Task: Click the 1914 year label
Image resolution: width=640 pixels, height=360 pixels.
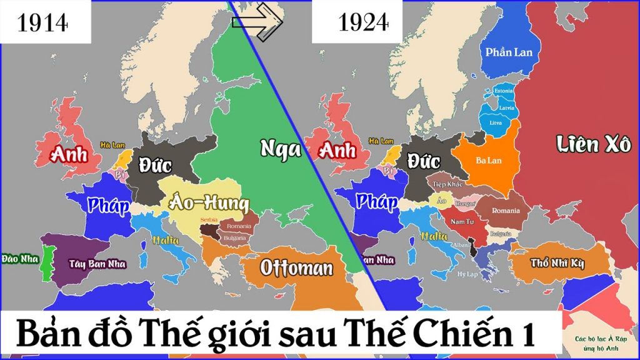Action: click(x=43, y=22)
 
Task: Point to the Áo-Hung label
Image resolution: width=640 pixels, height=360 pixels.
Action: click(x=208, y=203)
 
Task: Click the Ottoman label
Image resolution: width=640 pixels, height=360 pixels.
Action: click(x=296, y=269)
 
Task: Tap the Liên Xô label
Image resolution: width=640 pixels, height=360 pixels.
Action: click(x=594, y=146)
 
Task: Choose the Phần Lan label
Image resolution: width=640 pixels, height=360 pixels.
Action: click(x=509, y=52)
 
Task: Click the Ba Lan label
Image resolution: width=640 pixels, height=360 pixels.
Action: click(x=489, y=161)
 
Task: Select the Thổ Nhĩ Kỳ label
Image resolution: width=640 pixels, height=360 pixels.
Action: click(x=557, y=263)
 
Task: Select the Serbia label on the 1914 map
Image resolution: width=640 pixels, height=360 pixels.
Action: click(x=209, y=221)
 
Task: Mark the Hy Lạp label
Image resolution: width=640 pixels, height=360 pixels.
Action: click(x=467, y=274)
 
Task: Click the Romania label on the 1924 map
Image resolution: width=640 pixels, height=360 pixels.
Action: click(x=506, y=211)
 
